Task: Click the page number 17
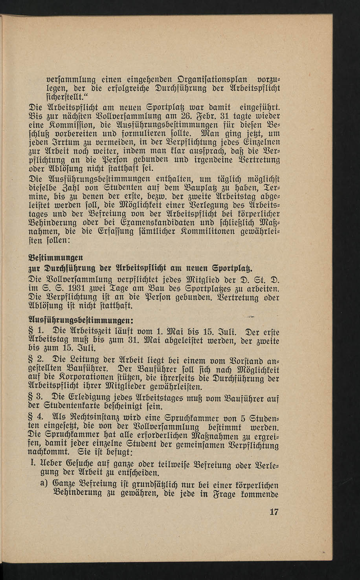point(274,512)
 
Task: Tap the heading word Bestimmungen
point(55,258)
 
